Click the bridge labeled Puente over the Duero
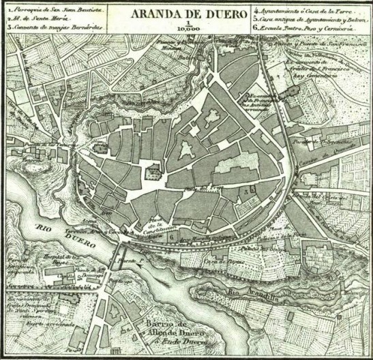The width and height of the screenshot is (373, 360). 130,260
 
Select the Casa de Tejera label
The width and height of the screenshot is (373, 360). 222,261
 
